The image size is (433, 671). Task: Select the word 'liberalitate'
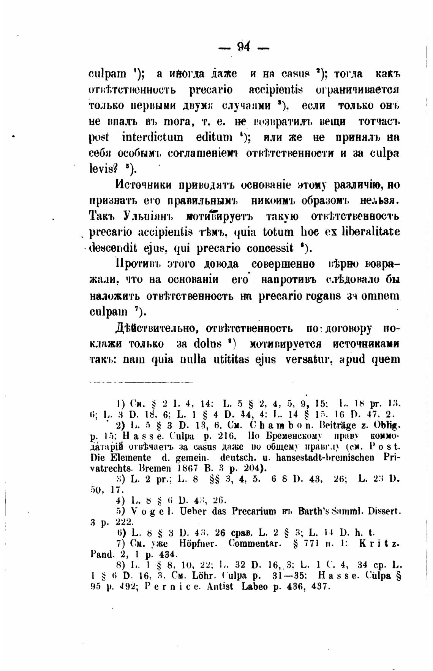(x=370, y=232)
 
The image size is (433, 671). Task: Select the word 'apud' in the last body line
(x=351, y=359)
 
